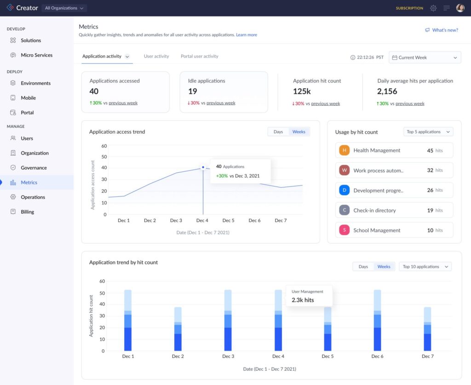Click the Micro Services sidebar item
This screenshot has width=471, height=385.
click(36, 55)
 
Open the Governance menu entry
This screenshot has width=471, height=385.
click(34, 168)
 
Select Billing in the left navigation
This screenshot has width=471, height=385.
click(27, 212)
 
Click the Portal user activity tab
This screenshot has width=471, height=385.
click(199, 57)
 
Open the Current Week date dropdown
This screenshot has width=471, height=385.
click(425, 57)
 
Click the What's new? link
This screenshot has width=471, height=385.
click(442, 30)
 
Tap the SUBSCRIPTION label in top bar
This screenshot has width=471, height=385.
click(409, 8)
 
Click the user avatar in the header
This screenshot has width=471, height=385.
click(460, 8)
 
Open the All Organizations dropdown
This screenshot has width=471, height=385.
click(64, 8)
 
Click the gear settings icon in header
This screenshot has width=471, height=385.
click(433, 8)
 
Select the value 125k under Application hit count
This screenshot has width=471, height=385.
click(302, 91)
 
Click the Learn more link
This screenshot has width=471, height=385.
click(247, 35)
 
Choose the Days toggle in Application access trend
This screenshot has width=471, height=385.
click(278, 132)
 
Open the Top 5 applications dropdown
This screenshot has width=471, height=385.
click(428, 132)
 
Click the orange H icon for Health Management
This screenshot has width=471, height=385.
click(344, 150)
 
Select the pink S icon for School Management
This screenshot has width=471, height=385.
click(344, 230)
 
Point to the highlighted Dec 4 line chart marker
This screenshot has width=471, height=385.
click(203, 168)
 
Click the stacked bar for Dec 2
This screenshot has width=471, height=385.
click(178, 329)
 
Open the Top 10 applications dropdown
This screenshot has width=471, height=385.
click(425, 266)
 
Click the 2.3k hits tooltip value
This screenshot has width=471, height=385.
click(303, 300)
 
